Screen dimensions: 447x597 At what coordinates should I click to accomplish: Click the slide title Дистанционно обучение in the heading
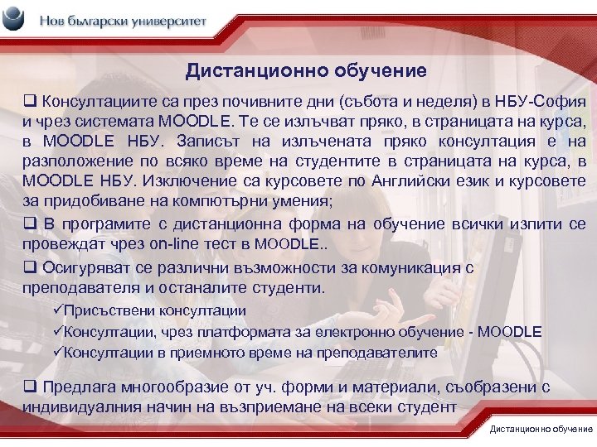coord(306,72)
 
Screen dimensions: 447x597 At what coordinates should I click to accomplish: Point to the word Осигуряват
coord(82,268)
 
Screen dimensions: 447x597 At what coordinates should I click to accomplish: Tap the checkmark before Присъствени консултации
coord(57,310)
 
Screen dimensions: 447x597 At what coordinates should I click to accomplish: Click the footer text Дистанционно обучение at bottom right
coord(541,429)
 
